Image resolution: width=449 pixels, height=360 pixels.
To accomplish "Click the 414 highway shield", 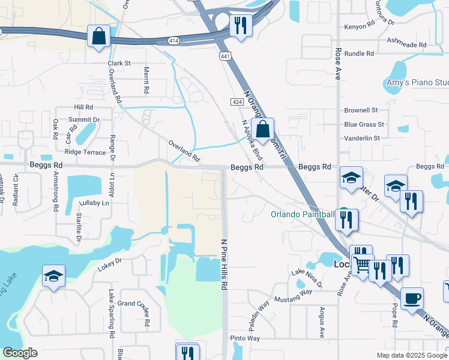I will [x=173, y=40].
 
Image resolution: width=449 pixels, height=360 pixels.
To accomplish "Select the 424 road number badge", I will [x=238, y=103].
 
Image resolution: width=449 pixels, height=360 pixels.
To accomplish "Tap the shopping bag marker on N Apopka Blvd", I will [x=263, y=128].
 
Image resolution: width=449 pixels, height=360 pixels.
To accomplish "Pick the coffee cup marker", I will [x=412, y=299].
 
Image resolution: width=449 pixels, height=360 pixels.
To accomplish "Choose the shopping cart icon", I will [x=362, y=264].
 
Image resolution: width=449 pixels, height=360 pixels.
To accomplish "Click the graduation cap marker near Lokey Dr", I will [x=53, y=277].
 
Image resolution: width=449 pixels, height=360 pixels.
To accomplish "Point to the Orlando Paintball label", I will [x=302, y=214].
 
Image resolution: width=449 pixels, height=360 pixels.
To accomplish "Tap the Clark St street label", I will [x=119, y=63].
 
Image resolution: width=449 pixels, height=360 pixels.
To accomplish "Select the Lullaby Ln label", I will [x=95, y=203].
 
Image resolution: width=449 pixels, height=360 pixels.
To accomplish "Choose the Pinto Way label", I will [x=245, y=338].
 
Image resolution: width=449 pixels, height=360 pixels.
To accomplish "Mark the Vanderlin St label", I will [x=362, y=138].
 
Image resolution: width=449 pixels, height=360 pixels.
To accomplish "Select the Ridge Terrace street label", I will [x=85, y=152].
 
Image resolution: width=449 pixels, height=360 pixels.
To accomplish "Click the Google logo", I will [x=20, y=353].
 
